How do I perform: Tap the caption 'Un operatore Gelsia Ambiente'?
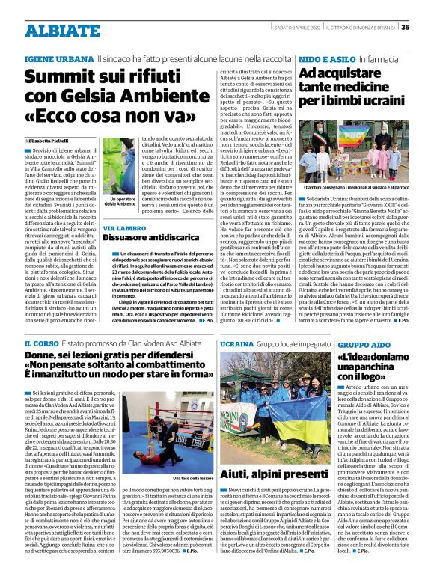pos(119,202)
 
